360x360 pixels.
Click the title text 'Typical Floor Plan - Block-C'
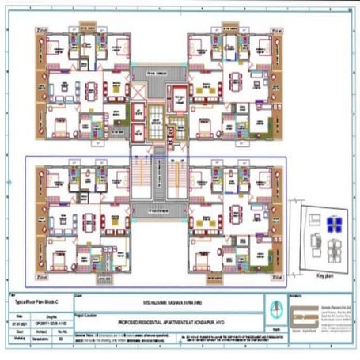pos(28,303)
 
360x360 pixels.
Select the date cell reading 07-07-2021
pos(17,322)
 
